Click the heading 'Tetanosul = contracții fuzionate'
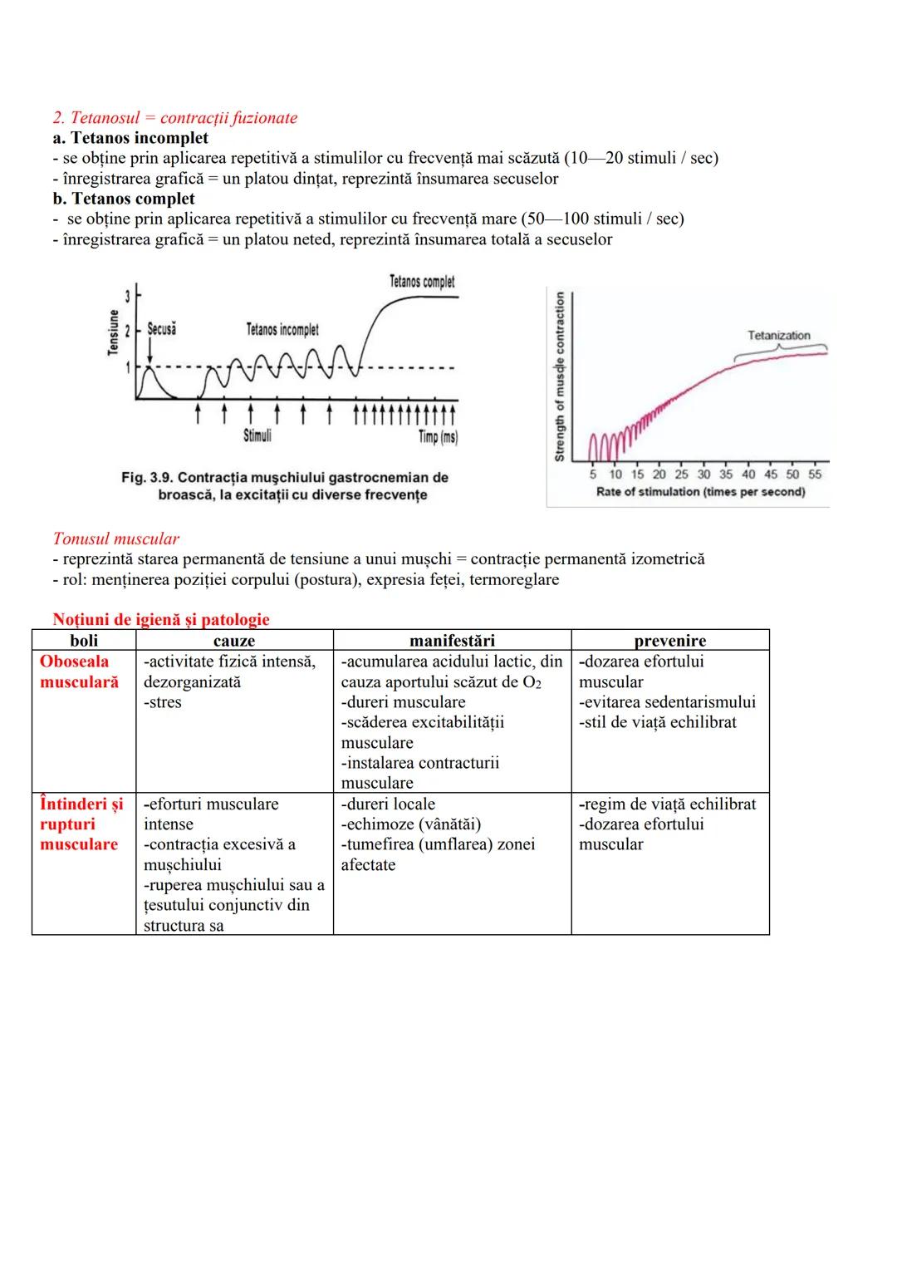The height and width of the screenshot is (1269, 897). coord(184,118)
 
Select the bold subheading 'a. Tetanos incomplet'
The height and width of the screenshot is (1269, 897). coord(130,138)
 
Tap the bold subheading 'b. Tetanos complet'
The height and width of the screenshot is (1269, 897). coord(124,199)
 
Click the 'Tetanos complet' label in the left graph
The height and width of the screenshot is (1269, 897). coord(422,282)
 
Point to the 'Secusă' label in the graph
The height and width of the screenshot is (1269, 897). coord(161,329)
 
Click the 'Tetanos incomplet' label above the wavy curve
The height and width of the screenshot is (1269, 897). coord(282,330)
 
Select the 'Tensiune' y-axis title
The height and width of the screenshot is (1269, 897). coord(114,332)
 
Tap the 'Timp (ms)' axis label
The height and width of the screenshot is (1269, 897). coord(438,437)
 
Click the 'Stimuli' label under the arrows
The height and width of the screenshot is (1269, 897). coord(257,435)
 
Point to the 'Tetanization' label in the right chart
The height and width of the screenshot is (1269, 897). coord(778,336)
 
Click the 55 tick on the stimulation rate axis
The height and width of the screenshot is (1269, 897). coord(815,475)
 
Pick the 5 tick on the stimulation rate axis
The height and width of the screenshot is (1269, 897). coord(593,475)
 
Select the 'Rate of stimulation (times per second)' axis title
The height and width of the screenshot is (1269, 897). coord(700,492)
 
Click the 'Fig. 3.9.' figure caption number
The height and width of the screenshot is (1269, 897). coord(147,478)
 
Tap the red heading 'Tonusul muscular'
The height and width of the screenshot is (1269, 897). coord(115,539)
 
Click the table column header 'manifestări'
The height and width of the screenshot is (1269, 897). coord(452,641)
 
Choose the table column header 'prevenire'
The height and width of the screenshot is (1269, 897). coord(669,641)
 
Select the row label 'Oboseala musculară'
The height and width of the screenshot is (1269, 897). coord(79,671)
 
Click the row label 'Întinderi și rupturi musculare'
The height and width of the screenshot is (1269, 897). coord(81,824)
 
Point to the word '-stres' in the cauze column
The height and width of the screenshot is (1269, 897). coord(163,702)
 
